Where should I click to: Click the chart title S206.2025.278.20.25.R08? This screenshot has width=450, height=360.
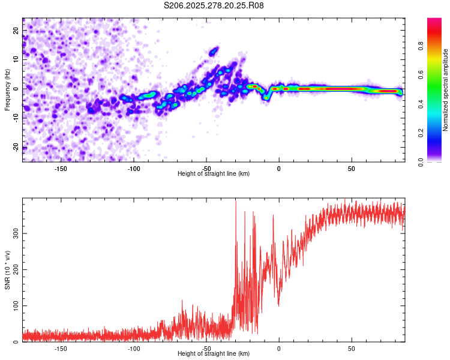click(214, 5)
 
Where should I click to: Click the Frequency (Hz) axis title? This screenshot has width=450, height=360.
click(7, 89)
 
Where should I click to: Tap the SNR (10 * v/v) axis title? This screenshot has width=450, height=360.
click(7, 269)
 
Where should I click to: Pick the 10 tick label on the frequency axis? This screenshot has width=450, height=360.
click(16, 59)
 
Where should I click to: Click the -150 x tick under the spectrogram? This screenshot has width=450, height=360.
click(61, 168)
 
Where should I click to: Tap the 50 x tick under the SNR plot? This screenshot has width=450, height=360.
click(352, 348)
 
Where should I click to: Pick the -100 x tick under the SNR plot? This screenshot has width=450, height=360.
click(133, 348)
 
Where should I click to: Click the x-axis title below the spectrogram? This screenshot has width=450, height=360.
click(214, 174)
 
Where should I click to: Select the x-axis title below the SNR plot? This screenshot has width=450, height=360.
click(214, 354)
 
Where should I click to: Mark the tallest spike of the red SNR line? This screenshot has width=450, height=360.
click(236, 202)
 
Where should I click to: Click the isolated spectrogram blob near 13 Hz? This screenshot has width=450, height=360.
click(214, 51)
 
